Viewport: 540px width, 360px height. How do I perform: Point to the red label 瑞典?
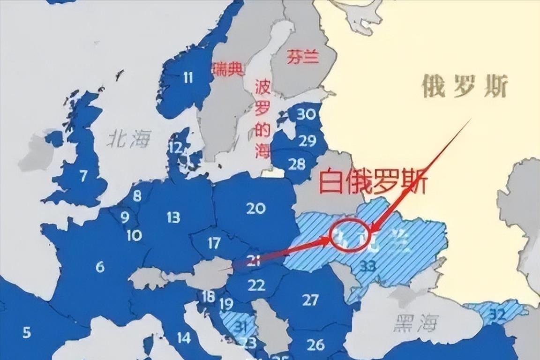pyautogui.click(x=228, y=70)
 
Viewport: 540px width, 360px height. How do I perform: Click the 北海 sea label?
pyautogui.click(x=130, y=139)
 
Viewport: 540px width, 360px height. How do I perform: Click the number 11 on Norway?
pyautogui.click(x=188, y=77)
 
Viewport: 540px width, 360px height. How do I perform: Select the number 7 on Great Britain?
pyautogui.click(x=83, y=176)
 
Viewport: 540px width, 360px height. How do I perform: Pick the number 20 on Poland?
pyautogui.click(x=256, y=208)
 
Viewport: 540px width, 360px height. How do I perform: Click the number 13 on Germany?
pyautogui.click(x=173, y=217)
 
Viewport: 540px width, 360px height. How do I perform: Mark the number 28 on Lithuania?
pyautogui.click(x=297, y=164)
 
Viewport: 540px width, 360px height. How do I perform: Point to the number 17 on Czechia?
pyautogui.click(x=214, y=243)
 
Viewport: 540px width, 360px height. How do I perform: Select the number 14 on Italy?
pyautogui.click(x=184, y=337)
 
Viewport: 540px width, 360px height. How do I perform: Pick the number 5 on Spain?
pyautogui.click(x=27, y=333)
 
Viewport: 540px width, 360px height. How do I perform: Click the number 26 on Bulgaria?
pyautogui.click(x=315, y=345)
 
